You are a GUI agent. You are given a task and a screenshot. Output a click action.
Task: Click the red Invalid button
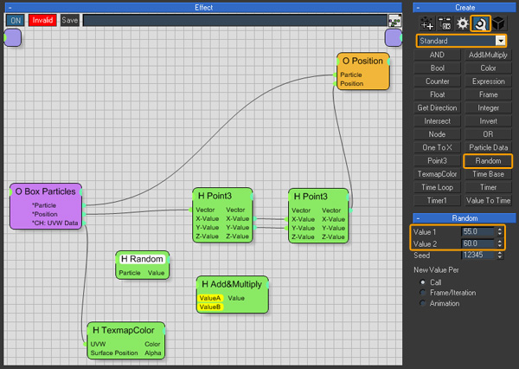tap(42, 20)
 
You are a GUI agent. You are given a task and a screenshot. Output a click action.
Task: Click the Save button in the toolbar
tap(69, 20)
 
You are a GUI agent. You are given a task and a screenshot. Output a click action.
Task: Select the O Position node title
tap(362, 61)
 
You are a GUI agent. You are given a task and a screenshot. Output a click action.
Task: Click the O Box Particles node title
tap(45, 191)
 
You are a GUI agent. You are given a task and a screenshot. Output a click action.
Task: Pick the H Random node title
tap(142, 259)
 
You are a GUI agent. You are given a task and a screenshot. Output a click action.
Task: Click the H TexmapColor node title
tap(124, 330)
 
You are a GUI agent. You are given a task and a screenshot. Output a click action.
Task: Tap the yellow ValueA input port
tap(210, 298)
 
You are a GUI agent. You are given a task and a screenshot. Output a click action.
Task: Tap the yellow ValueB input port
tap(210, 307)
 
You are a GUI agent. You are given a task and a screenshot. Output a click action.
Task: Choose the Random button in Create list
tap(488, 161)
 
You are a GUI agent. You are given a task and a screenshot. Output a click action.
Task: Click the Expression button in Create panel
tap(488, 81)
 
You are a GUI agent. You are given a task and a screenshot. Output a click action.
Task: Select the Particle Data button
tap(488, 147)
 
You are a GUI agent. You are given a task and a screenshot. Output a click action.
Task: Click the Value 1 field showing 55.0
tap(478, 231)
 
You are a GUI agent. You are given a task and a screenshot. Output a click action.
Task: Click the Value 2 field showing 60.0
tap(478, 243)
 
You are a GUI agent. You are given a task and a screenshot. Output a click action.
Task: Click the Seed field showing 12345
tap(478, 255)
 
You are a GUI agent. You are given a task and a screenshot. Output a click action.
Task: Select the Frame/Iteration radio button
tap(423, 293)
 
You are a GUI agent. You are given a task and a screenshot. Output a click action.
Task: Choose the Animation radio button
tap(423, 303)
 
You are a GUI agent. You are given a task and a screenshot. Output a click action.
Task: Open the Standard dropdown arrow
tap(501, 41)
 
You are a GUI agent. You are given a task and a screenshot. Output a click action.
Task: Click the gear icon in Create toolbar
tap(463, 23)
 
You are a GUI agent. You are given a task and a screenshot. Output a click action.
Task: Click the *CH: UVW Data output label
tap(55, 223)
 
